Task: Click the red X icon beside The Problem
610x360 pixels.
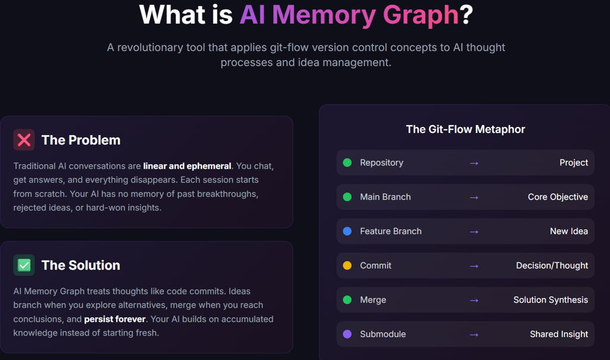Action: point(24,140)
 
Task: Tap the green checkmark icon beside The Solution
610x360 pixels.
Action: point(24,265)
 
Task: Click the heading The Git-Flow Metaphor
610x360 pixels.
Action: point(465,129)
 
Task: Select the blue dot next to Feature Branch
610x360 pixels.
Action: point(347,231)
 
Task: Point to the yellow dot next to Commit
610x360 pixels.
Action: point(347,265)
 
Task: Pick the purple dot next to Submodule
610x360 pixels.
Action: point(347,334)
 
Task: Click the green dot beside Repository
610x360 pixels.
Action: point(347,163)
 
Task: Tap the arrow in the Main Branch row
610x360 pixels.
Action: point(474,197)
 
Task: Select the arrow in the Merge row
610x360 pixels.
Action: point(474,300)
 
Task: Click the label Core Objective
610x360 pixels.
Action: point(558,197)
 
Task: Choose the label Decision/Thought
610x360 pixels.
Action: point(552,266)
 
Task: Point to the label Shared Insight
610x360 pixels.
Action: point(559,334)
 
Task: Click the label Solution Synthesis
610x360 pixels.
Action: point(550,300)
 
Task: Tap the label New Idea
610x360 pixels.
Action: point(568,231)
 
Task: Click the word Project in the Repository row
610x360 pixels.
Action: point(574,163)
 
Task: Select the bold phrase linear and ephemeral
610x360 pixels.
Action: point(187,166)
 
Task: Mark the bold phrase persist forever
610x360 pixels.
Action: point(115,319)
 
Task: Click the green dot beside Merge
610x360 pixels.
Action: point(347,300)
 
